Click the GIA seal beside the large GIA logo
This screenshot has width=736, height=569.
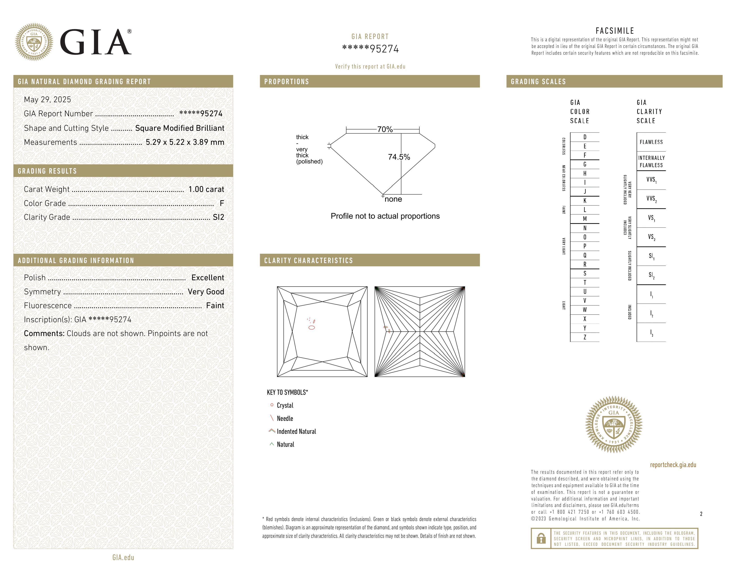click(x=34, y=42)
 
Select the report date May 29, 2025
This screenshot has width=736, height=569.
click(x=48, y=100)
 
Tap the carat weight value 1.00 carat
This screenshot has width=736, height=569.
click(x=206, y=189)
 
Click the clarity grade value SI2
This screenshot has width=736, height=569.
click(x=218, y=217)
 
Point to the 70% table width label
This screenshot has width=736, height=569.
click(x=385, y=129)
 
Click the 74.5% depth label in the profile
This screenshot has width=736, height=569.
click(x=399, y=157)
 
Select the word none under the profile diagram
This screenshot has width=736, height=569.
click(x=393, y=199)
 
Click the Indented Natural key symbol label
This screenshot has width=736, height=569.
click(x=296, y=432)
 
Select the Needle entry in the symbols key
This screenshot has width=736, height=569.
click(x=285, y=419)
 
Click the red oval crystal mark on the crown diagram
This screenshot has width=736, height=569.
click(x=312, y=327)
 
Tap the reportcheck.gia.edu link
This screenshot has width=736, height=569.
click(x=673, y=465)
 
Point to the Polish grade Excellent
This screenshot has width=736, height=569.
click(x=208, y=277)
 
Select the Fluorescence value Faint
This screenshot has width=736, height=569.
click(x=215, y=305)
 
